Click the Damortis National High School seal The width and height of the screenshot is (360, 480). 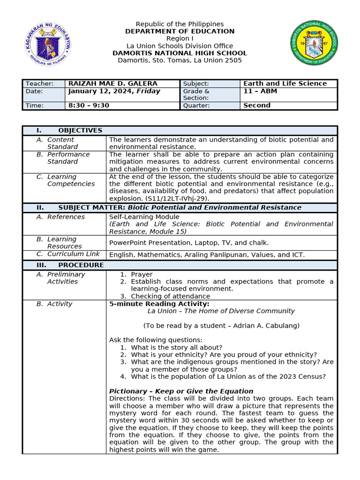point(314,43)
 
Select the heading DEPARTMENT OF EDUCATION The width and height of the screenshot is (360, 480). point(180,31)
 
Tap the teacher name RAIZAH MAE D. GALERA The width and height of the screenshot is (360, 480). point(113,83)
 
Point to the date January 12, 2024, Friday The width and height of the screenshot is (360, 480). point(114,91)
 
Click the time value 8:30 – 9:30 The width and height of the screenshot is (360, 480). point(89,105)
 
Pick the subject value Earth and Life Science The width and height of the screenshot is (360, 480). point(285,83)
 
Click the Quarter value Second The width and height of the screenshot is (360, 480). point(257,105)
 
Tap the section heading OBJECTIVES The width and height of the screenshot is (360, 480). point(80,130)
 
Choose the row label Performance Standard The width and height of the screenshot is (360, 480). point(68,158)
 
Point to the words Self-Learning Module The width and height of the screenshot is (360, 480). point(144,217)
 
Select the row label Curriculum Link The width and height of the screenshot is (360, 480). point(74,254)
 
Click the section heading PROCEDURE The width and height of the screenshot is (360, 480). point(81,265)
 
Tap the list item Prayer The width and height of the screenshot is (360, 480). point(142,274)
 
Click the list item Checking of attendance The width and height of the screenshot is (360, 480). point(171,296)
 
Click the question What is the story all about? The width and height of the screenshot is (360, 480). point(177,347)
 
